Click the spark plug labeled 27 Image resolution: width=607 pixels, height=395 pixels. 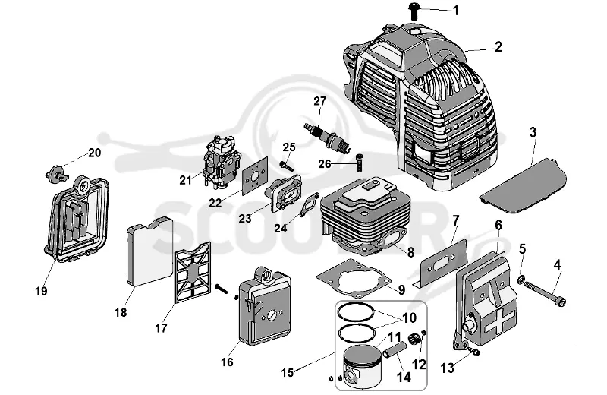[x=328, y=137]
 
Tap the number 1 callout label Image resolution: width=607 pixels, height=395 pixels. [x=456, y=10]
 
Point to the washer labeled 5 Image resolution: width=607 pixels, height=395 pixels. [x=521, y=279]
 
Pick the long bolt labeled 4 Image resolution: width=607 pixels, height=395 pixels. [x=545, y=293]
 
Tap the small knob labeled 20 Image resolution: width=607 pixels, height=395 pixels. [x=56, y=173]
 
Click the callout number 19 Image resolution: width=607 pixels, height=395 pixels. [x=41, y=291]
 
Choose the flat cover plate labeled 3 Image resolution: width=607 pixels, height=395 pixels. [x=523, y=185]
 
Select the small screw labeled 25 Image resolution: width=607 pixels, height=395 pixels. [x=287, y=166]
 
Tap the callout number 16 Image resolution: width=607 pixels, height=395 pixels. [x=227, y=362]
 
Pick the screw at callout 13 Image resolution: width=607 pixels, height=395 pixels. [x=473, y=351]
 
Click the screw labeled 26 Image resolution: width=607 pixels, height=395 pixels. [x=360, y=161]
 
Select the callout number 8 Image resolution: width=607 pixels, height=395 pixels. [x=410, y=252]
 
